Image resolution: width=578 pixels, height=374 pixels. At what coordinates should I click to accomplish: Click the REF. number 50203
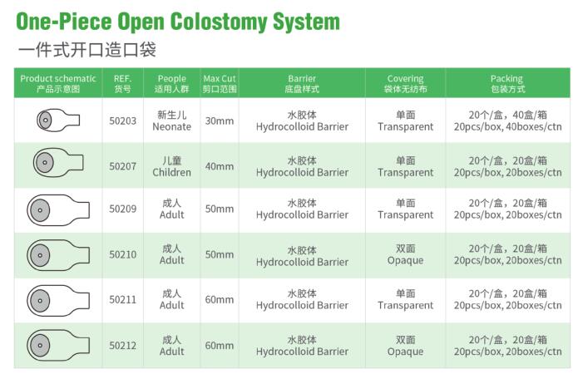pyautogui.click(x=122, y=121)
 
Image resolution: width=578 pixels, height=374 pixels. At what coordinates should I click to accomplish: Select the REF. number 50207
pyautogui.click(x=122, y=165)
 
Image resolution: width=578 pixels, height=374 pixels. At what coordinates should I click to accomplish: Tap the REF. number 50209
pyautogui.click(x=122, y=209)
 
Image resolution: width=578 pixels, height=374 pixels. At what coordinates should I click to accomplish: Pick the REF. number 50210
pyautogui.click(x=122, y=254)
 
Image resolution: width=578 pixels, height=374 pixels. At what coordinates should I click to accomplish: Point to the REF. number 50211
pyautogui.click(x=122, y=299)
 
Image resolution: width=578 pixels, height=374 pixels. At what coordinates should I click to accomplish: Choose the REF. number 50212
pyautogui.click(x=122, y=345)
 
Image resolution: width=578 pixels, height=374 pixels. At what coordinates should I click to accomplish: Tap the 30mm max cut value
pyautogui.click(x=220, y=121)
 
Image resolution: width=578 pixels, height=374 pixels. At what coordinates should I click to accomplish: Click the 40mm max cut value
pyautogui.click(x=220, y=165)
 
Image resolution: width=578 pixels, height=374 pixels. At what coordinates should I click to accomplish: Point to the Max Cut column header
pyautogui.click(x=220, y=83)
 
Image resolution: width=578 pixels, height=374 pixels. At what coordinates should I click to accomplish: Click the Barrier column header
pyautogui.click(x=302, y=83)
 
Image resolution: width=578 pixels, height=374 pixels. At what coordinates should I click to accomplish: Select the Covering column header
pyautogui.click(x=405, y=83)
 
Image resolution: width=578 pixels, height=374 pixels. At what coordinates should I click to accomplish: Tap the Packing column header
pyautogui.click(x=506, y=83)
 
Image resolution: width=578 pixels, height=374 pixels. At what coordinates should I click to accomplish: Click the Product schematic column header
pyautogui.click(x=58, y=83)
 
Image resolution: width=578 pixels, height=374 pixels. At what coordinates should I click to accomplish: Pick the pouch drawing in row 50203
pyautogui.click(x=57, y=121)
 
